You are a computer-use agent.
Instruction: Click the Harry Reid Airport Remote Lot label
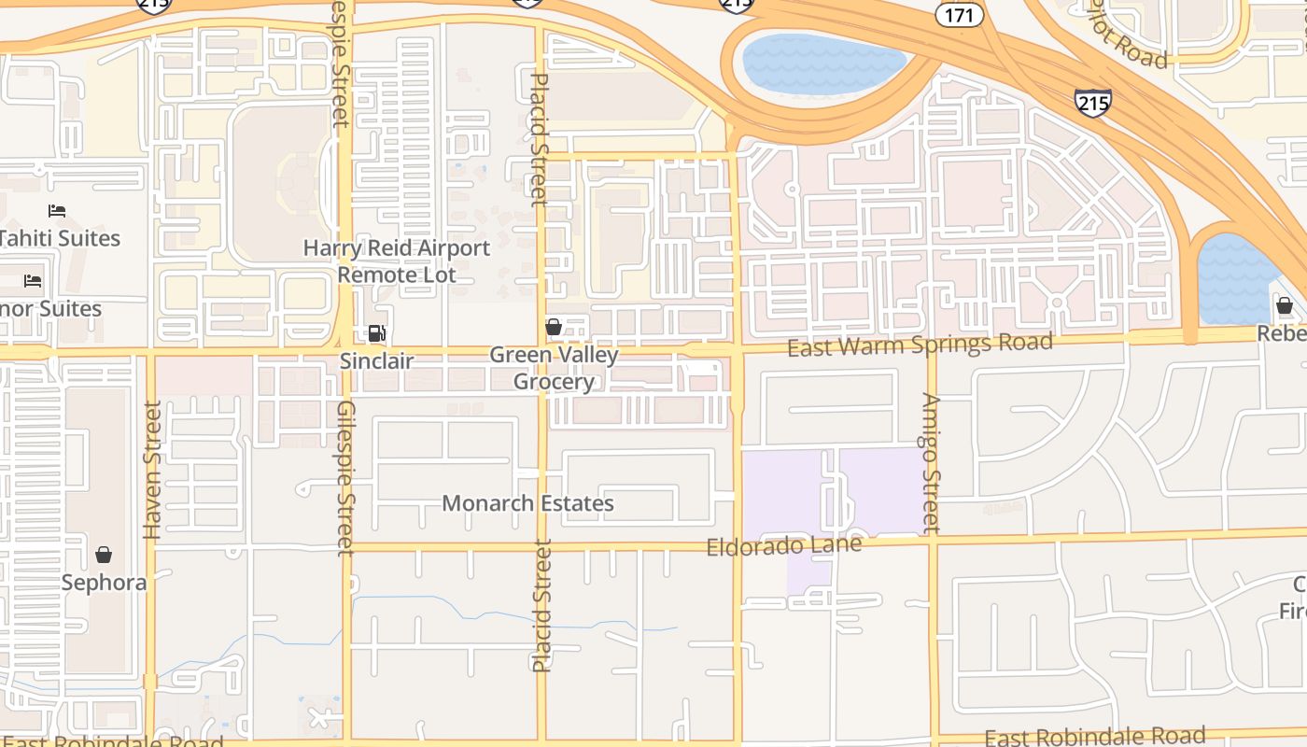[397, 261]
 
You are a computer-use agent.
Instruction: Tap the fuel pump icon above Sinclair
[376, 333]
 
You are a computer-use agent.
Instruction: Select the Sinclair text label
[376, 360]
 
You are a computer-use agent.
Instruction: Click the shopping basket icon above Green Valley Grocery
[554, 327]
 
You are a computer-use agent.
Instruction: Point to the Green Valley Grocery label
[554, 368]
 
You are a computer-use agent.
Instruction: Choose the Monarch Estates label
[527, 503]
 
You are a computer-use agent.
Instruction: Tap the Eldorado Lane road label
[783, 545]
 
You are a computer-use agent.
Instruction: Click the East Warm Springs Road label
[920, 345]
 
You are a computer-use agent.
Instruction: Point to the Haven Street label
[152, 470]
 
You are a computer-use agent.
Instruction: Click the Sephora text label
[104, 583]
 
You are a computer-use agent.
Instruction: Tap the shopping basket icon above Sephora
[104, 555]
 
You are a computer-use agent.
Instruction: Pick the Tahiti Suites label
[60, 238]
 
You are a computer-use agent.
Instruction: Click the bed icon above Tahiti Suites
[57, 211]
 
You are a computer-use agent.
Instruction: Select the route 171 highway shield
[960, 14]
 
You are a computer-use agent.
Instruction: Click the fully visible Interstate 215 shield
[1092, 102]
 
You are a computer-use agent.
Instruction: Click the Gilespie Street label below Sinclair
[345, 478]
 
